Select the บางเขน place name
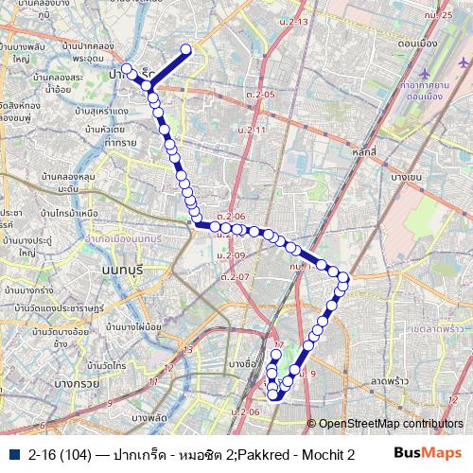pyautogui.click(x=405, y=177)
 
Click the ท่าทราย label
pyautogui.click(x=122, y=142)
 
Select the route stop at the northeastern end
pyautogui.click(x=185, y=50)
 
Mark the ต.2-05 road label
pyautogui.click(x=259, y=95)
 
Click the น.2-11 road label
pyautogui.click(x=252, y=128)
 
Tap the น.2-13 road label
pyautogui.click(x=295, y=21)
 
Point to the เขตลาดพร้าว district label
pyautogui.click(x=438, y=326)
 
